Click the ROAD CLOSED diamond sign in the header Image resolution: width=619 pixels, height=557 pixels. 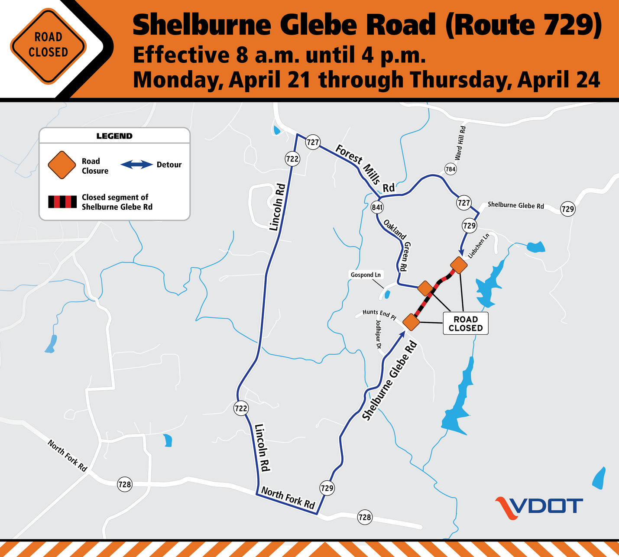pyautogui.click(x=48, y=45)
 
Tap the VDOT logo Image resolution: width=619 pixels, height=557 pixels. pyautogui.click(x=539, y=507)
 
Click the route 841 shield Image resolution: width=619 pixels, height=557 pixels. pyautogui.click(x=377, y=207)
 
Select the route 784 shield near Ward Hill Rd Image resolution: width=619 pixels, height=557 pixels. pyautogui.click(x=450, y=169)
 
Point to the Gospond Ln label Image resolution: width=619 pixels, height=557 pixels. pyautogui.click(x=366, y=275)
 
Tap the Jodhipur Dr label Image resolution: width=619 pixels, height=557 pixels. pyautogui.click(x=378, y=335)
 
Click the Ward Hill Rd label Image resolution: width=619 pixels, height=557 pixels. pyautogui.click(x=460, y=143)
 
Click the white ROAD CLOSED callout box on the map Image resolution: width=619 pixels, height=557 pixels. pyautogui.click(x=465, y=324)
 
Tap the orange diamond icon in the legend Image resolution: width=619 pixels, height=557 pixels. pyautogui.click(x=62, y=165)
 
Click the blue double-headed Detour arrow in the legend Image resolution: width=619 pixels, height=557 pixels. pyautogui.click(x=136, y=165)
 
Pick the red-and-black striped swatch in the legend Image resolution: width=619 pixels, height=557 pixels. pyautogui.click(x=62, y=202)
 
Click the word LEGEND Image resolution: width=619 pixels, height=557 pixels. pyautogui.click(x=114, y=136)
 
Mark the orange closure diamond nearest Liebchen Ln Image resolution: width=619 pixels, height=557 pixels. pyautogui.click(x=459, y=265)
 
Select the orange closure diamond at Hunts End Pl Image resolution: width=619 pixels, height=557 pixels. pyautogui.click(x=411, y=322)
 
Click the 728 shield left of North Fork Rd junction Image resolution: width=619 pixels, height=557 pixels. pyautogui.click(x=125, y=484)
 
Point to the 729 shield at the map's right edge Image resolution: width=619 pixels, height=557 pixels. pyautogui.click(x=567, y=209)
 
